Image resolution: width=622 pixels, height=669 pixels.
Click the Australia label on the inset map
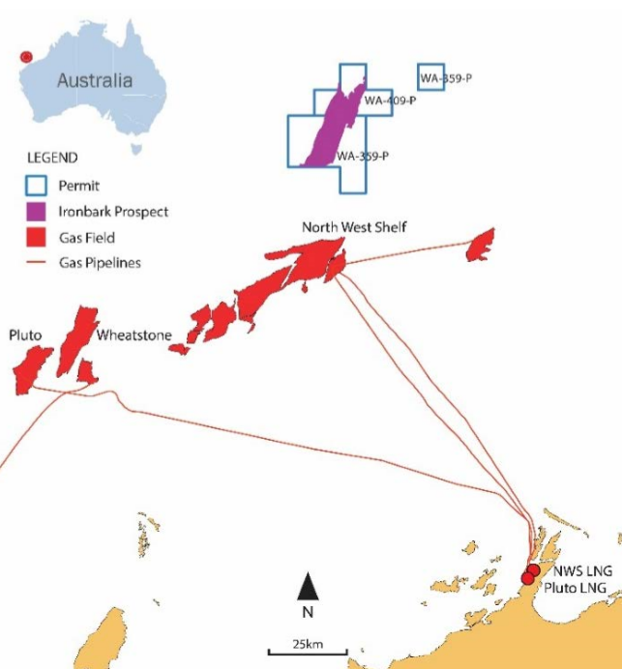pos(94,80)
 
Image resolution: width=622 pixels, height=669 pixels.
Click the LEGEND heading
pos(52,157)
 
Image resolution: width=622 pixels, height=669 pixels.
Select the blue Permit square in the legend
pos(37,185)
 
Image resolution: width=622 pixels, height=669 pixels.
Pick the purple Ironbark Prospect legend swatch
pos(37,211)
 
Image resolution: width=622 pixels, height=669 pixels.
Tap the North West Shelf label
pos(354,227)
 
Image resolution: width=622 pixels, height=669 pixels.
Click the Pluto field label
pos(24,334)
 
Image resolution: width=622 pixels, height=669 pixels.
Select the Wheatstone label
pos(133,335)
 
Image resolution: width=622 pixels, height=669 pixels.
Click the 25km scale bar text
pos(307,644)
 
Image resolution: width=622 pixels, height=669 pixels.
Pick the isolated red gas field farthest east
pos(481,245)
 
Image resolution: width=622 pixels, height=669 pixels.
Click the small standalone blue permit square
pos(431,76)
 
